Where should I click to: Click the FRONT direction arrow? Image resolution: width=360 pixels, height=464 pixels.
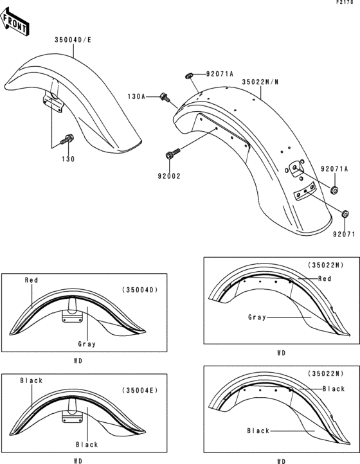pyautogui.click(x=15, y=24)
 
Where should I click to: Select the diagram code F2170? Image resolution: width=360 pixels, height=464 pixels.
pyautogui.click(x=345, y=4)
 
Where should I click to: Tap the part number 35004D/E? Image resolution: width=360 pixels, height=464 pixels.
pyautogui.click(x=72, y=39)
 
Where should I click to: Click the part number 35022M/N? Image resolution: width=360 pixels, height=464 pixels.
pyautogui.click(x=260, y=82)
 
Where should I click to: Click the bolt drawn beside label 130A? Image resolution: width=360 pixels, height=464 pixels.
pyautogui.click(x=165, y=98)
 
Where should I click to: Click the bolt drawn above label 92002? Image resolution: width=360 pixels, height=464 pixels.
pyautogui.click(x=173, y=154)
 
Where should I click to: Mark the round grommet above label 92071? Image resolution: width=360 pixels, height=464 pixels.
pyautogui.click(x=345, y=214)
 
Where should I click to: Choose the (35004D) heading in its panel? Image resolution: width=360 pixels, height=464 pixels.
pyautogui.click(x=140, y=290)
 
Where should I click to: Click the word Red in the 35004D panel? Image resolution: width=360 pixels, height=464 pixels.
pyautogui.click(x=32, y=280)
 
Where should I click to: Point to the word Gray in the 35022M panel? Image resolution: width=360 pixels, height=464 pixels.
pyautogui.click(x=258, y=317)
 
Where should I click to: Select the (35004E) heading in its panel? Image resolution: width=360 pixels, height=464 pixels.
pyautogui.click(x=140, y=390)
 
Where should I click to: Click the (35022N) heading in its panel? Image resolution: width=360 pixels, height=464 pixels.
pyautogui.click(x=326, y=373)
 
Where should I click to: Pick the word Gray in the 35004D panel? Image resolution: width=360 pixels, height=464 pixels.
pyautogui.click(x=87, y=344)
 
